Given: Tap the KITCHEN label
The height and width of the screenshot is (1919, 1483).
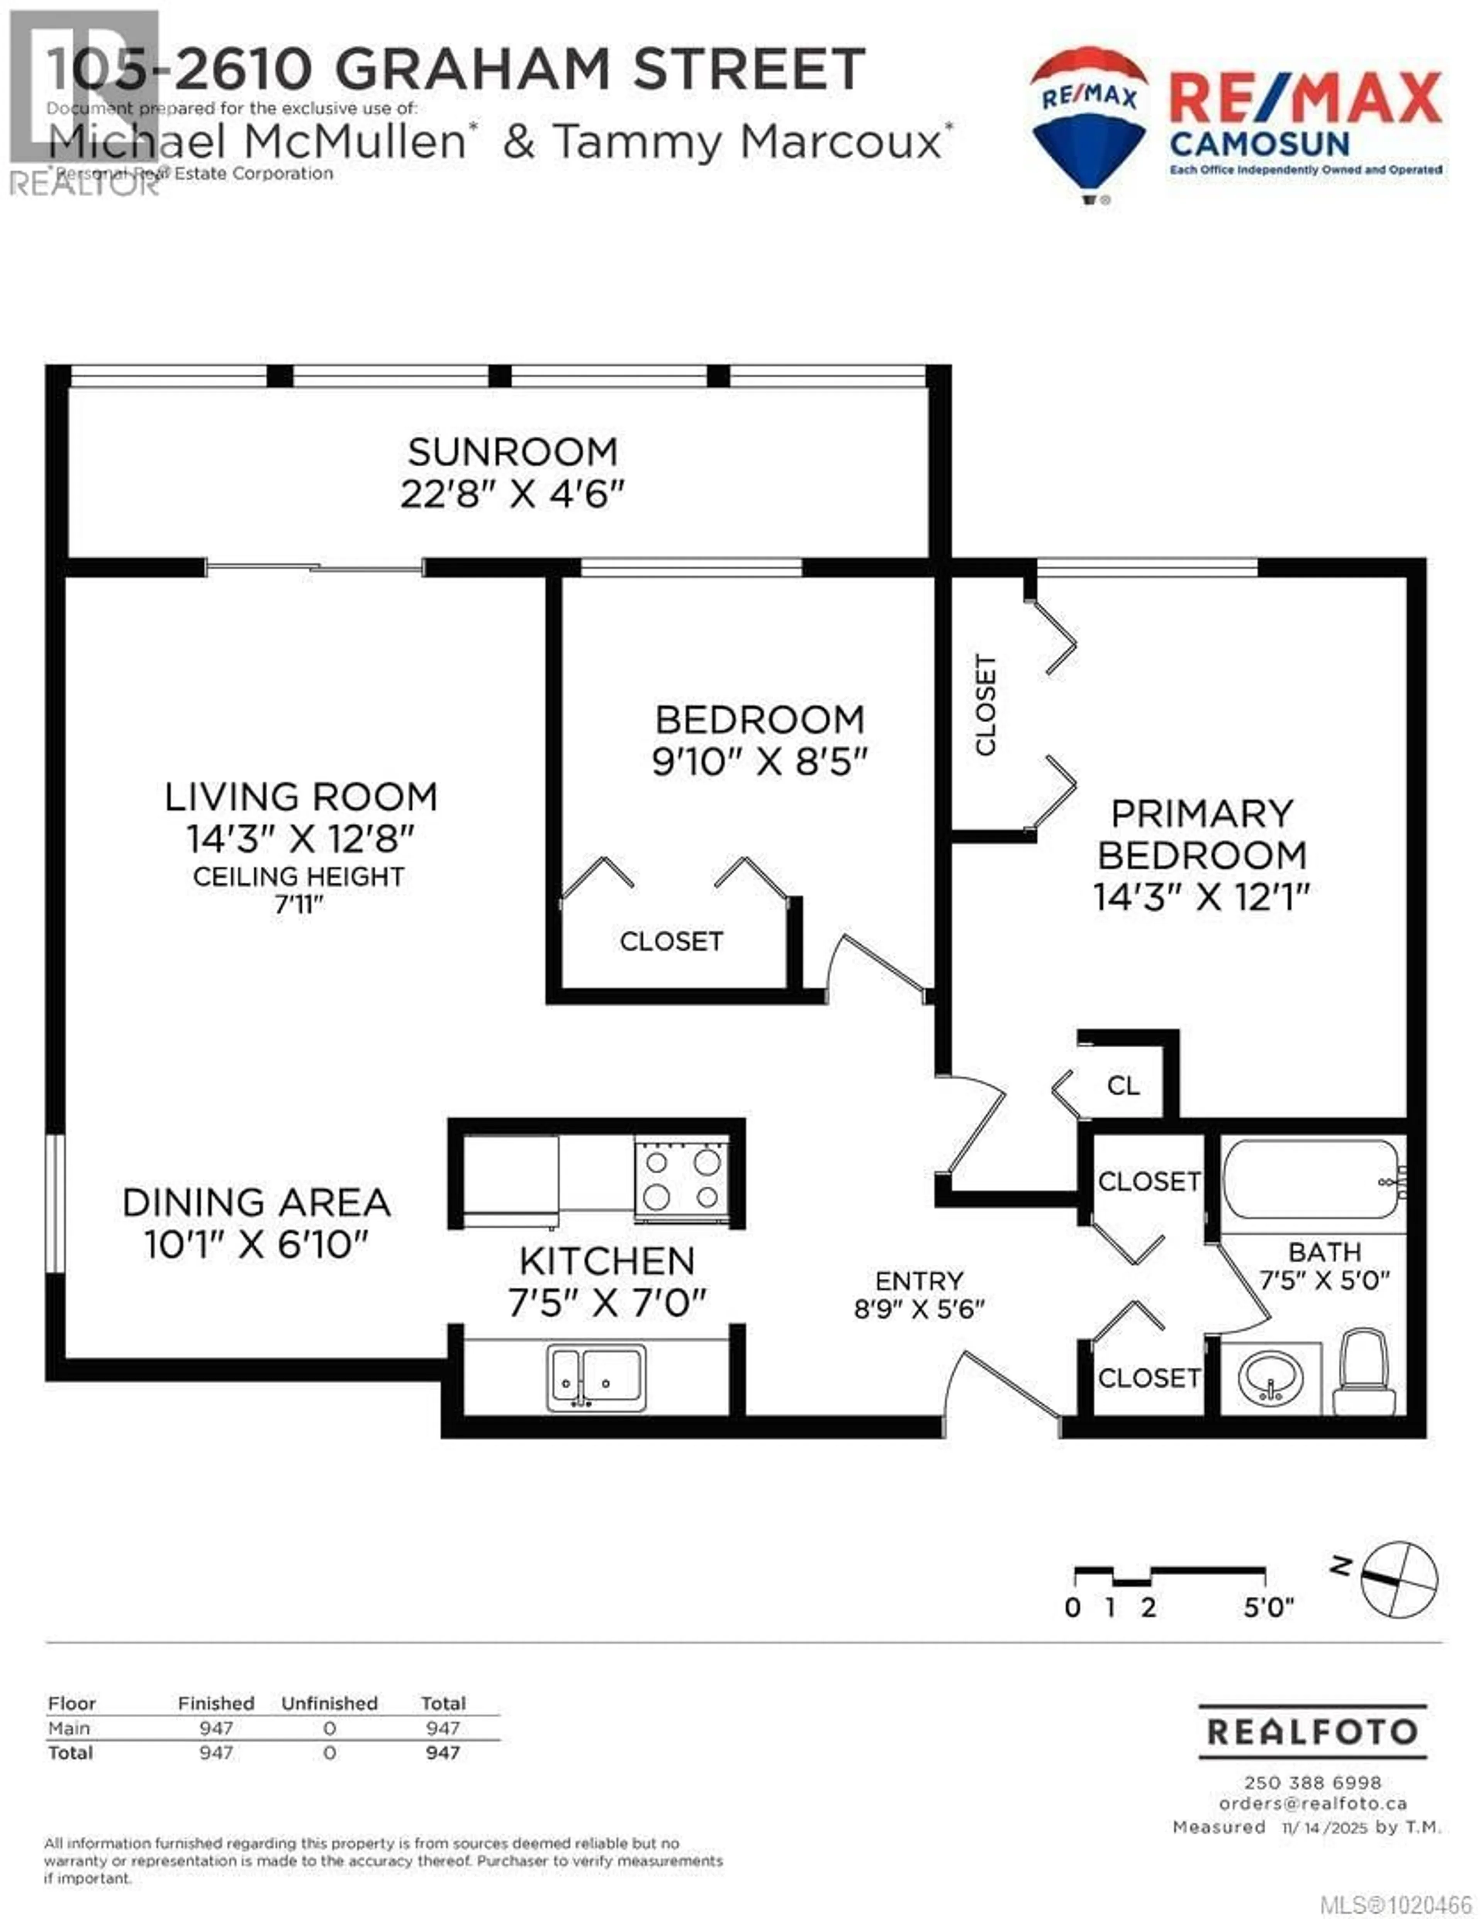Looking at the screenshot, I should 607,1261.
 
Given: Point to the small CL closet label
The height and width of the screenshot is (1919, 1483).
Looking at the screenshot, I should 1123,1086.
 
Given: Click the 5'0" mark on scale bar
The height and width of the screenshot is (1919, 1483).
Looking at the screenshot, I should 1268,1607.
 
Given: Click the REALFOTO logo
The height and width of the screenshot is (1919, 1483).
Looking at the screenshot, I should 1313,1731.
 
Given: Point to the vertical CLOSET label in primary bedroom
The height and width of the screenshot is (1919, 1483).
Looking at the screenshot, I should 986,705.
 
